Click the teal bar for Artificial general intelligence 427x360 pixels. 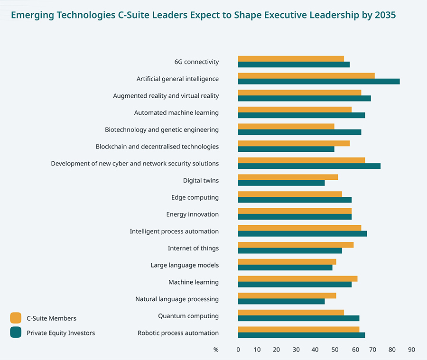319,81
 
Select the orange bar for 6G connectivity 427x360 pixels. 291,59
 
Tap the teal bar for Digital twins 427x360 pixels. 281,183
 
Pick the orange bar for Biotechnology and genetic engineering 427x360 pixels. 286,127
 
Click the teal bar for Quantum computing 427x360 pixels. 298,318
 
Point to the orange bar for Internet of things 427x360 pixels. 296,245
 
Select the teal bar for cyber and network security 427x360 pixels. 309,166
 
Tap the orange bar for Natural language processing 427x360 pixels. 287,296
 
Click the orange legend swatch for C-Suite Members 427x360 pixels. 16,318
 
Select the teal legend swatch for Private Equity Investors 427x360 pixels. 16,332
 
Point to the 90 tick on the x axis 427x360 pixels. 411,350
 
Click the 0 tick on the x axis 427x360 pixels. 238,350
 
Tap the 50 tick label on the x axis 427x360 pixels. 334,350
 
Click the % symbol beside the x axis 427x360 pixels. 216,350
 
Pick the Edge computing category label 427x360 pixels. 195,197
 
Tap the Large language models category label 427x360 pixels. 185,265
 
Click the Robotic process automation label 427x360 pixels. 178,333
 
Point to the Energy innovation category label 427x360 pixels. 192,214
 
